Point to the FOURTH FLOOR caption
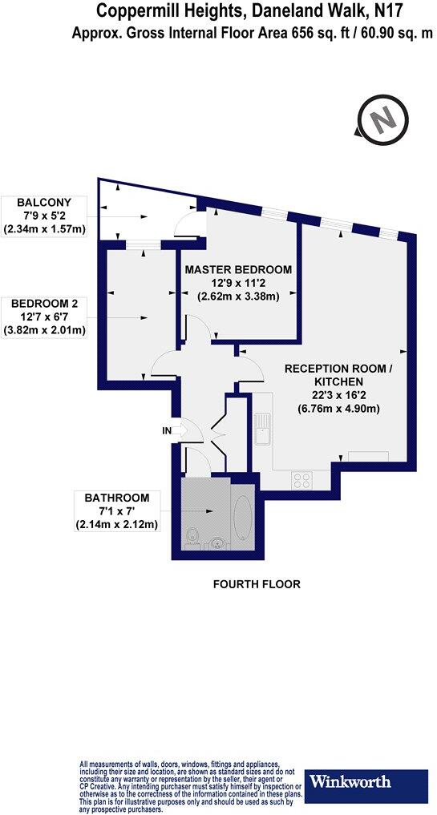click(x=256, y=584)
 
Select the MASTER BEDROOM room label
click(x=238, y=269)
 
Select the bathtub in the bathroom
click(x=243, y=520)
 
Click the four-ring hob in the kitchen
click(x=303, y=480)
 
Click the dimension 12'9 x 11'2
click(x=238, y=283)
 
